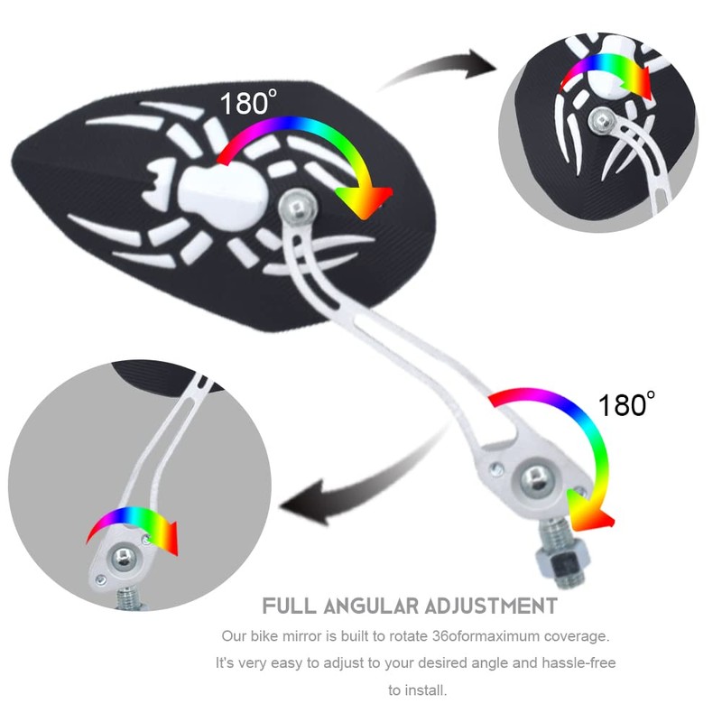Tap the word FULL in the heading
click(x=290, y=605)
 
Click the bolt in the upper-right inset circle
click(x=600, y=118)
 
